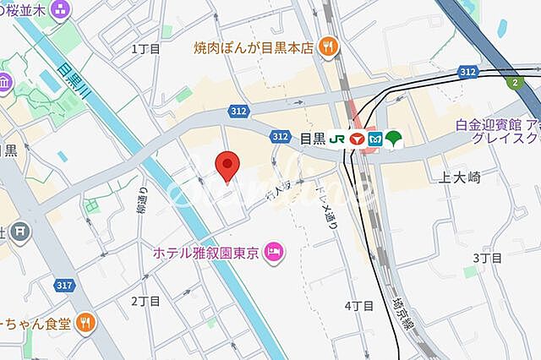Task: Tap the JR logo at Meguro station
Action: tap(337, 139)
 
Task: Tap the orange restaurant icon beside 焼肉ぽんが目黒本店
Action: tap(329, 46)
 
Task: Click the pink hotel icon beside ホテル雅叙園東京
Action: tap(274, 251)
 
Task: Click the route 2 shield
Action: tap(514, 81)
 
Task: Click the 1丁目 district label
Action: tap(145, 49)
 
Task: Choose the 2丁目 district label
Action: tap(145, 301)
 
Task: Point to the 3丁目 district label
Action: tap(488, 258)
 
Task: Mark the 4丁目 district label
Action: tap(358, 305)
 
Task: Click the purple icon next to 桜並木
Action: tap(61, 10)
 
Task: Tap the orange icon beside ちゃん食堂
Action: tap(85, 322)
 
